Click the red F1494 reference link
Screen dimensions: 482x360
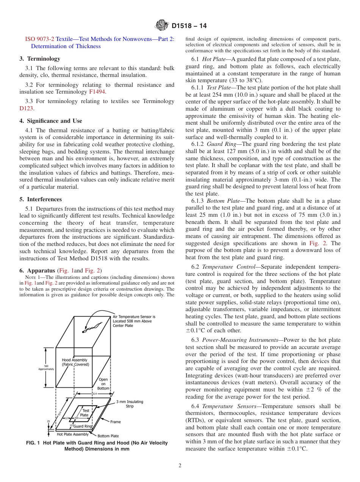pyautogui.click(x=97, y=92)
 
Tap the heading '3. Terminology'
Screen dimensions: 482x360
pyautogui.click(x=40, y=59)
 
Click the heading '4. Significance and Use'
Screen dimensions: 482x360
pyautogui.click(x=50, y=121)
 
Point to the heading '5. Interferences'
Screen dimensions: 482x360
pyautogui.click(x=40, y=199)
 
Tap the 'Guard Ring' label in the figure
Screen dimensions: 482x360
pyautogui.click(x=83, y=426)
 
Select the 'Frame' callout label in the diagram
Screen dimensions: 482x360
pyautogui.click(x=116, y=421)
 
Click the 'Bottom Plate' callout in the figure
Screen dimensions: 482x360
pyautogui.click(x=108, y=436)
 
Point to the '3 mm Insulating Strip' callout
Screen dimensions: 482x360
pyautogui.click(x=130, y=404)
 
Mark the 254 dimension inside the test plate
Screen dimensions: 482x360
pyautogui.click(x=76, y=418)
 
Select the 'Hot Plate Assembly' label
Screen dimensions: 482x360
pyautogui.click(x=73, y=434)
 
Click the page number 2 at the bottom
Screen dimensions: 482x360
pyautogui.click(x=180, y=466)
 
